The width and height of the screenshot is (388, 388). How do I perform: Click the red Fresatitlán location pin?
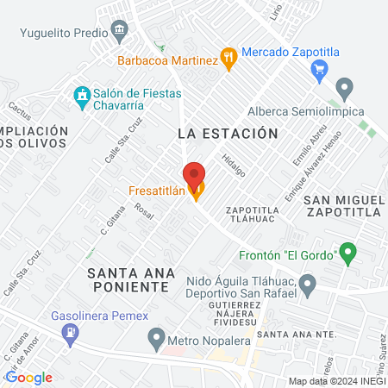pyautogui.click(x=195, y=173)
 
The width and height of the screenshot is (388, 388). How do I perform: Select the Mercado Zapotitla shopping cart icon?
pyautogui.click(x=320, y=69)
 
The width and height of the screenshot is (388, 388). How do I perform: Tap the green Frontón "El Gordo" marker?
pyautogui.click(x=347, y=253)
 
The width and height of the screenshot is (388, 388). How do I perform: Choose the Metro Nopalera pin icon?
pyautogui.click(x=156, y=335)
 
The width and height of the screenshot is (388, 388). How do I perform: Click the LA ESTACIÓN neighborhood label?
pyautogui.click(x=228, y=134)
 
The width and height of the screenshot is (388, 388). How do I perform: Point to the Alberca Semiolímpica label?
pyautogui.click(x=305, y=111)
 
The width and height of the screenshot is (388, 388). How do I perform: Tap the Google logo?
pyautogui.click(x=29, y=377)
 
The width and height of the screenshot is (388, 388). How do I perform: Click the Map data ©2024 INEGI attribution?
pyautogui.click(x=335, y=381)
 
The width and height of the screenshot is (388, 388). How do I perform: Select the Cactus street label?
pyautogui.click(x=18, y=111)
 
